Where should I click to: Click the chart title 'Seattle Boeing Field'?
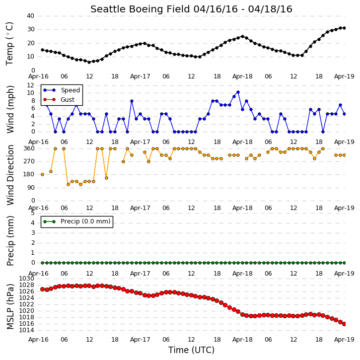click(x=141, y=9)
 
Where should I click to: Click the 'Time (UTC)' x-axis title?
click(x=191, y=350)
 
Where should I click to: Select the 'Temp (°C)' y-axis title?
click(x=9, y=44)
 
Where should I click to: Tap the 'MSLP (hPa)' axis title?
click(x=10, y=306)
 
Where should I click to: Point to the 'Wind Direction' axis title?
click(x=10, y=175)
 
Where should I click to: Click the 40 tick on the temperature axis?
click(x=30, y=16)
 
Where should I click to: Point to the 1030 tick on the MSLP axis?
click(x=26, y=279)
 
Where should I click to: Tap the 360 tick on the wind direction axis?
click(x=29, y=148)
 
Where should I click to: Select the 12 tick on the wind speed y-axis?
click(x=30, y=85)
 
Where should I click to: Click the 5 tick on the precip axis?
click(x=33, y=213)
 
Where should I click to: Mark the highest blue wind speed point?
click(x=238, y=92)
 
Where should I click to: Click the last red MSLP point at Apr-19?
click(x=345, y=324)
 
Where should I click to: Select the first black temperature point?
click(x=43, y=50)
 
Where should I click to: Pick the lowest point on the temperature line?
click(x=89, y=62)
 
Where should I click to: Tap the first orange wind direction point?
click(x=43, y=174)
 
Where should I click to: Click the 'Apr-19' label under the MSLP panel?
click(x=344, y=339)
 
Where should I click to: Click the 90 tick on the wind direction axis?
click(x=31, y=188)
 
